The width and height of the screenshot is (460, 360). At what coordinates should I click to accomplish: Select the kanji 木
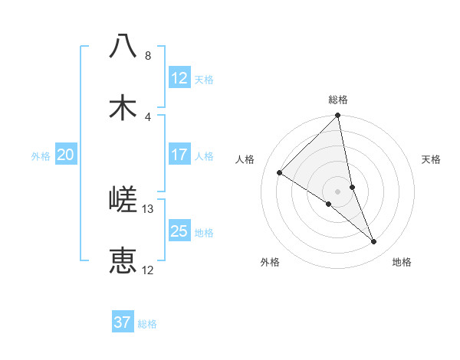123,107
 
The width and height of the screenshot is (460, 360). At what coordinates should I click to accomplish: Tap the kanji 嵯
123,200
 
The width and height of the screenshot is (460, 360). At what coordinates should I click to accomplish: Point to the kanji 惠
123,260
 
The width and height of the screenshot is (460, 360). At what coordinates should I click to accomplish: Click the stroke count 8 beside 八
148,56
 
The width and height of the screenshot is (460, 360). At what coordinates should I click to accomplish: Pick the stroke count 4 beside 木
148,116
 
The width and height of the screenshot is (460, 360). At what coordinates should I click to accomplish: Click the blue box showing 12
179,78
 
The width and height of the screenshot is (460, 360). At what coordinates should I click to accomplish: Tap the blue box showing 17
179,155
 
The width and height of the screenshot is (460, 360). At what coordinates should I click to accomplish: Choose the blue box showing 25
179,231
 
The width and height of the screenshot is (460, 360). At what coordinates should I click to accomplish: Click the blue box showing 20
65,155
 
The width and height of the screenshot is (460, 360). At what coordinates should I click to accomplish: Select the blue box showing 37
123,322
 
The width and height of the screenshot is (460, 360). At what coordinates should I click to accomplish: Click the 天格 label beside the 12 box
204,79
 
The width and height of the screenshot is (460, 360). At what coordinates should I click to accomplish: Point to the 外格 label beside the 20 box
41,155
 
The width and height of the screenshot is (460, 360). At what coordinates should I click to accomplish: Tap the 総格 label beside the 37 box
147,323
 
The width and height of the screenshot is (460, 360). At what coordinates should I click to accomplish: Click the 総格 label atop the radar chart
338,100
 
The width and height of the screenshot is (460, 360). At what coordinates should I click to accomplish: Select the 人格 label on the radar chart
245,159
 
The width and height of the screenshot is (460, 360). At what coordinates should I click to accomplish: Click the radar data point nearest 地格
374,242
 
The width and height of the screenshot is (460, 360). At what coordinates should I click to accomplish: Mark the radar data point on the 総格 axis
338,116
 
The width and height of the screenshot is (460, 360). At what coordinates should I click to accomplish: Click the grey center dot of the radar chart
338,191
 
